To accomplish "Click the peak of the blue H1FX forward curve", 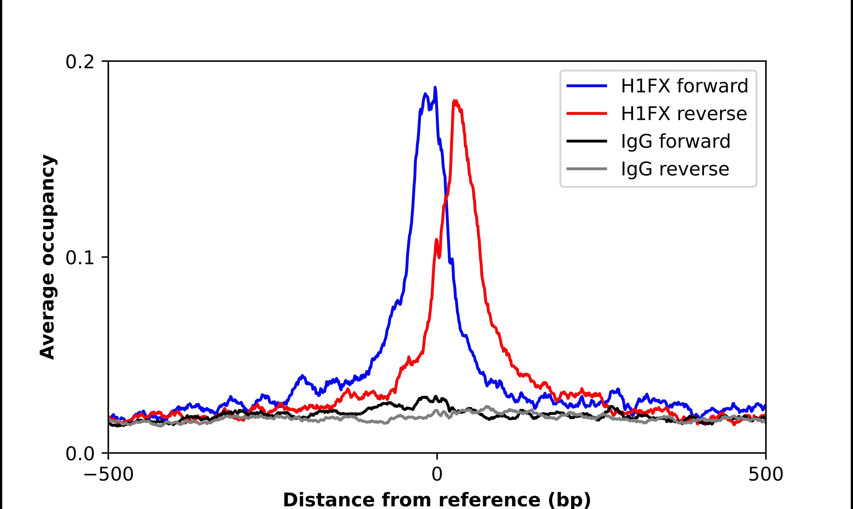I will click(435, 88).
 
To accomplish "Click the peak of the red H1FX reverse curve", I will click(455, 101).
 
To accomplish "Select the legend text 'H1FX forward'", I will click(684, 86).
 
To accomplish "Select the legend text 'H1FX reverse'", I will click(684, 114).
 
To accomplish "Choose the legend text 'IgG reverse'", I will click(675, 169).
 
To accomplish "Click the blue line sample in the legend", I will click(587, 86).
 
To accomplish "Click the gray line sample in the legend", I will click(587, 169).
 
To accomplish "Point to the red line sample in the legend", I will click(587, 114).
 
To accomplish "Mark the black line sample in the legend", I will click(587, 141).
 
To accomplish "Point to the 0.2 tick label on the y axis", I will click(80, 62).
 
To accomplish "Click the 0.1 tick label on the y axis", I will click(80, 258).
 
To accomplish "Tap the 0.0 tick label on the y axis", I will click(80, 454).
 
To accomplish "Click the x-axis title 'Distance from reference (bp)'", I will click(437, 500).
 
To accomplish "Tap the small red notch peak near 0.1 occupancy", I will click(436, 240).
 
